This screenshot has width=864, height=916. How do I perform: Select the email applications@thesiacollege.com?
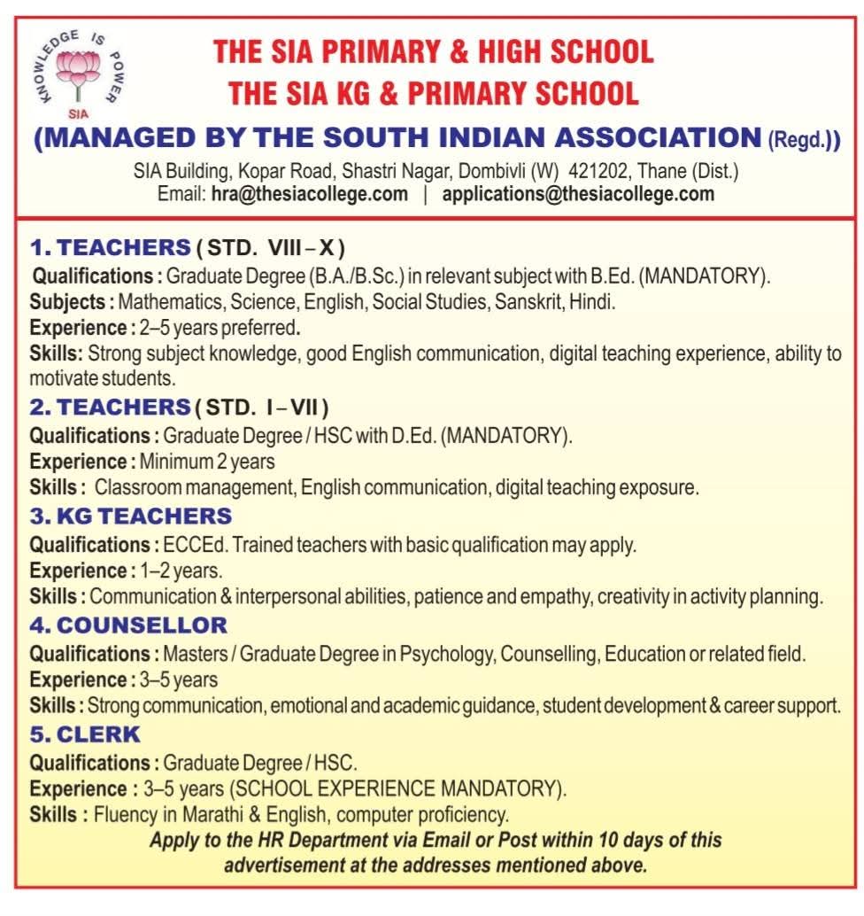(x=577, y=194)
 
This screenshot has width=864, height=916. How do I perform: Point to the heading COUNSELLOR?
(x=142, y=625)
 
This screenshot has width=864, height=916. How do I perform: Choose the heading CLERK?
(x=99, y=734)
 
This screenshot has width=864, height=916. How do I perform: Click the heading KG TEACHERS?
(x=144, y=516)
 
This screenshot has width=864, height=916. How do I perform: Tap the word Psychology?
(x=447, y=655)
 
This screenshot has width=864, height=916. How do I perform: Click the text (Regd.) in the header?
(x=802, y=141)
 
